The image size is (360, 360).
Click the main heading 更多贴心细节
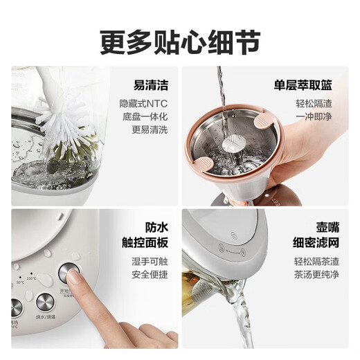pyautogui.click(x=180, y=40)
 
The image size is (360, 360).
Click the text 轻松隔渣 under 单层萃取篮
pyautogui.click(x=316, y=104)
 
